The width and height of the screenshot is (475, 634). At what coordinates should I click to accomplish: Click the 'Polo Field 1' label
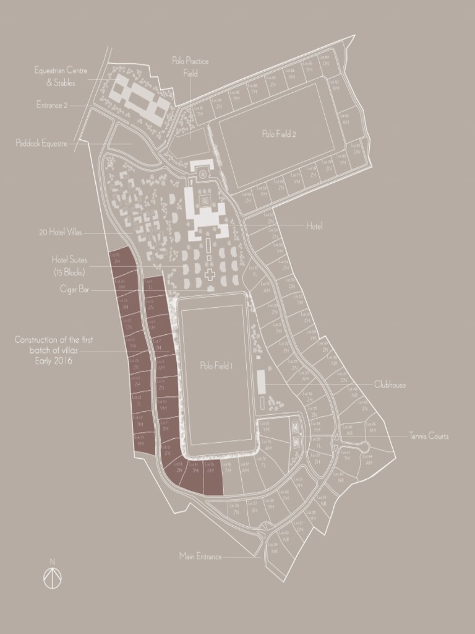(x=215, y=366)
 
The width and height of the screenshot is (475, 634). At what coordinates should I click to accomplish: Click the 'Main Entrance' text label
(x=200, y=556)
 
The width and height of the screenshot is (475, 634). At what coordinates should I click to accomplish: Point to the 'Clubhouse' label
(x=390, y=384)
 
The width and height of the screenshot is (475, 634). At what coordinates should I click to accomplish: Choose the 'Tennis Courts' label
(x=429, y=436)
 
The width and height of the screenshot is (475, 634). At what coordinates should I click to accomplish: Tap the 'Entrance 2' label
(x=52, y=105)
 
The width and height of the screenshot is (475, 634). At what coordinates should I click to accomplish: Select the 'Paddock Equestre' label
(x=41, y=144)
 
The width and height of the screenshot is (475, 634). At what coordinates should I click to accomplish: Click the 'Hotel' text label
(x=314, y=227)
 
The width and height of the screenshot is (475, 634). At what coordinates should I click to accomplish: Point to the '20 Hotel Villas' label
(x=59, y=233)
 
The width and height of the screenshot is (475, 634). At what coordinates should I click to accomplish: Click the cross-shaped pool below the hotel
(x=210, y=274)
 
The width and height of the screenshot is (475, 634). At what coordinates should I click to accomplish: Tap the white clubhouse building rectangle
(x=261, y=381)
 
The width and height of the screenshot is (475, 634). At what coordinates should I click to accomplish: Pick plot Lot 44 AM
(x=369, y=461)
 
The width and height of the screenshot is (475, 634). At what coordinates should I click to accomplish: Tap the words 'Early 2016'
(x=53, y=360)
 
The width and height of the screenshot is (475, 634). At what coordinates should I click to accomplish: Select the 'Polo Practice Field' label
(x=190, y=67)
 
